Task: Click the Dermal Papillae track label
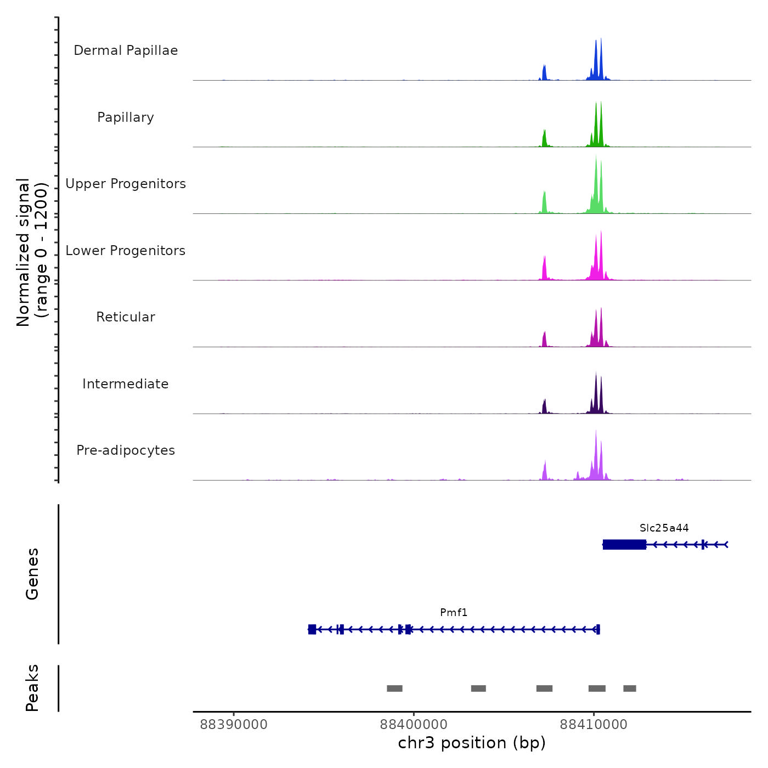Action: point(126,50)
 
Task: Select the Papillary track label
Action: point(126,117)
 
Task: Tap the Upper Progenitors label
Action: point(126,184)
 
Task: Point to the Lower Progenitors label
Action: point(126,251)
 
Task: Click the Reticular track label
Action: point(126,317)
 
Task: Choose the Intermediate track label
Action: point(126,384)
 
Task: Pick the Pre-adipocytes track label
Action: point(126,450)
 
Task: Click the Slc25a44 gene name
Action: point(664,528)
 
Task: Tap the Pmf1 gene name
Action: point(454,612)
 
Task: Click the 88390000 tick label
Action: point(234,725)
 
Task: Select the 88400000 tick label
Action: point(414,725)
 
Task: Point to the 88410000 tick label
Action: point(594,725)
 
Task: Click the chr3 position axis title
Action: point(472,743)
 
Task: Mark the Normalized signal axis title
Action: point(32,252)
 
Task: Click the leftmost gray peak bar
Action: point(394,688)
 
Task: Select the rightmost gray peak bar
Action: point(630,688)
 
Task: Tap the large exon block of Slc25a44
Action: point(624,544)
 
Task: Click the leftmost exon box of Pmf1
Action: point(312,629)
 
